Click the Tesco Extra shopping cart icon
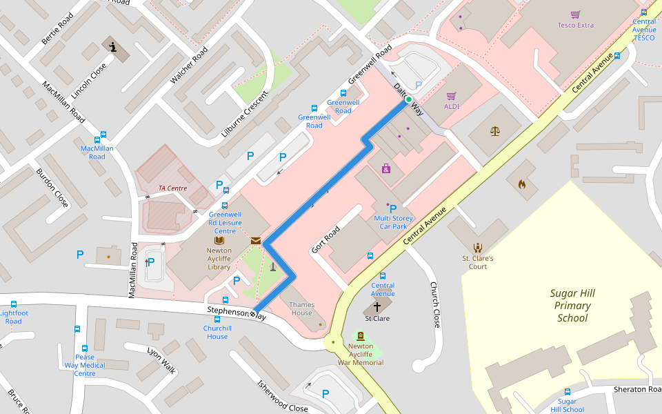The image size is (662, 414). pyautogui.click(x=575, y=14)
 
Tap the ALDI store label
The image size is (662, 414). pyautogui.click(x=452, y=106)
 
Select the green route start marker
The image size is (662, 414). pyautogui.click(x=408, y=100)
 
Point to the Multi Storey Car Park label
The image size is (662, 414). pyautogui.click(x=392, y=222)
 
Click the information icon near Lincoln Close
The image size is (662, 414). pyautogui.click(x=113, y=47)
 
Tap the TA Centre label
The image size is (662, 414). pyautogui.click(x=172, y=188)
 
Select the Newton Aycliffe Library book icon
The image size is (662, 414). pyautogui.click(x=219, y=240)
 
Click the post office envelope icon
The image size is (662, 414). pyautogui.click(x=256, y=241)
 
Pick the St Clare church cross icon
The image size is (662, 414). pyautogui.click(x=377, y=306)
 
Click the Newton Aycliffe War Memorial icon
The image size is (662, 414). pyautogui.click(x=361, y=335)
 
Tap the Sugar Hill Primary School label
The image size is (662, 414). pyautogui.click(x=572, y=306)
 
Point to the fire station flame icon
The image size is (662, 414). pyautogui.click(x=521, y=184)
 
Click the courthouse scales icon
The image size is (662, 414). pyautogui.click(x=495, y=130)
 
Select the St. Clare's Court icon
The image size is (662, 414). pyautogui.click(x=477, y=247)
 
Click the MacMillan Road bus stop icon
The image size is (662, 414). pyautogui.click(x=104, y=136)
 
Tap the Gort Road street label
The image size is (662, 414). pyautogui.click(x=325, y=239)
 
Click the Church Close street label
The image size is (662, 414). pyautogui.click(x=434, y=304)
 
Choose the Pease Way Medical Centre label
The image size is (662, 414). pyautogui.click(x=85, y=365)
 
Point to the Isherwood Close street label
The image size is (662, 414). pyautogui.click(x=282, y=397)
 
